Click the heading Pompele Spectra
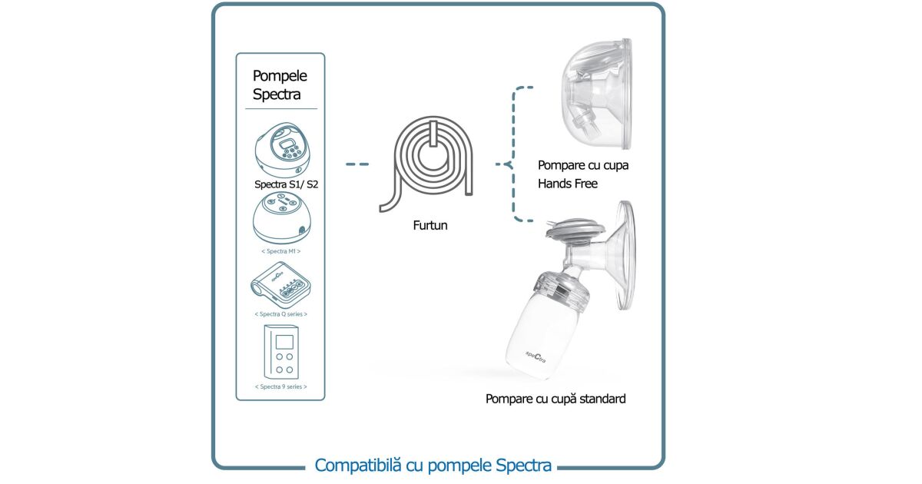click(x=280, y=85)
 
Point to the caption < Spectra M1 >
click(x=280, y=251)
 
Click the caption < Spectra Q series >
click(x=280, y=314)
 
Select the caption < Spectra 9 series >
click(x=280, y=386)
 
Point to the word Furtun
click(x=429, y=226)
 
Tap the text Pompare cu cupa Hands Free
click(x=577, y=174)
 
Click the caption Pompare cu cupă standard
click(x=556, y=399)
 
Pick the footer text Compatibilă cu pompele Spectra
click(x=433, y=465)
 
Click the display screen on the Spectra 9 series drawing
click(x=285, y=342)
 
